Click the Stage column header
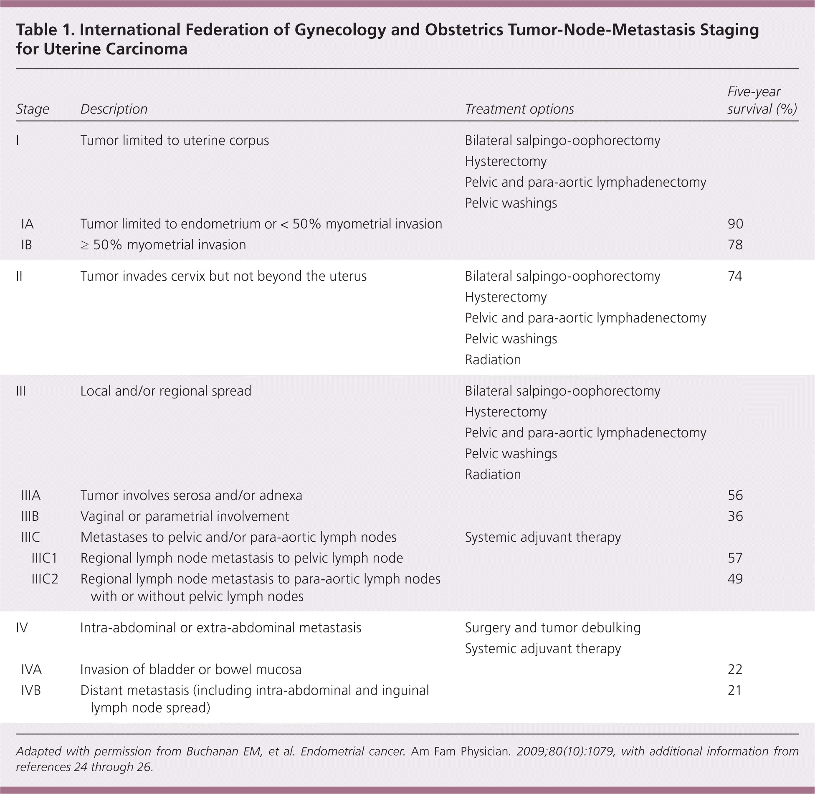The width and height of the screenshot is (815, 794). click(x=33, y=109)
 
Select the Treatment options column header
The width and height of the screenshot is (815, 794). click(x=519, y=109)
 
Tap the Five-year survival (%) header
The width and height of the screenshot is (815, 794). click(x=762, y=100)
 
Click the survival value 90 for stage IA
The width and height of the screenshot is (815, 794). click(x=735, y=224)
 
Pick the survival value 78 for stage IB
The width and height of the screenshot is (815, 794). click(x=735, y=245)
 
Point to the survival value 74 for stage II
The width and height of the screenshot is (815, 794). click(x=735, y=276)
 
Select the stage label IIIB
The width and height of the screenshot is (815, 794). click(x=30, y=516)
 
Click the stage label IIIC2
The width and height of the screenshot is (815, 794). click(x=45, y=579)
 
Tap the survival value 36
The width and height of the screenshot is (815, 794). click(x=735, y=516)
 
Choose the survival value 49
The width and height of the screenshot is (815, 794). click(x=735, y=579)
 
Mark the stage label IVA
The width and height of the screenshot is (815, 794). click(x=31, y=670)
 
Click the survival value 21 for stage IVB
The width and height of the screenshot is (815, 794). click(x=735, y=690)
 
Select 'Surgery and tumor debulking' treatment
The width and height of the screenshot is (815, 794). click(x=553, y=628)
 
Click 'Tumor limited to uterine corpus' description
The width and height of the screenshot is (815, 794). click(x=175, y=140)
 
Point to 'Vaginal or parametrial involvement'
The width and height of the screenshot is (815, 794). click(x=185, y=516)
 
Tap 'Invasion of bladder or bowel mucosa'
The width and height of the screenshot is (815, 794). click(x=191, y=670)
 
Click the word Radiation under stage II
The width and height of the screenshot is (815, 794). click(x=493, y=360)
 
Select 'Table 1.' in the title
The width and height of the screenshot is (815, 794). click(x=45, y=30)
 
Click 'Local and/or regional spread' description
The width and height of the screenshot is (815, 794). click(x=166, y=391)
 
